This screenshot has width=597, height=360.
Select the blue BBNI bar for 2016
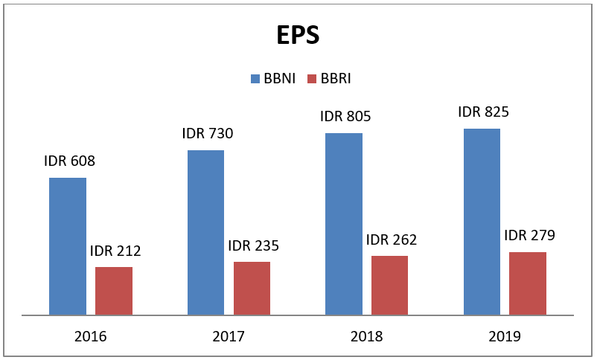68,246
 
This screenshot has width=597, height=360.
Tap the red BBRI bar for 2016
114,291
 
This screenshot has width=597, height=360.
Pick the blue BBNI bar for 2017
205,233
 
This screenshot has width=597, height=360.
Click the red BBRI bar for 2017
252,289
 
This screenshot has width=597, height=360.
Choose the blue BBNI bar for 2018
344,224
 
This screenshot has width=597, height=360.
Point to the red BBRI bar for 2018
389,286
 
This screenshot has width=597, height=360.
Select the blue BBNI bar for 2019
482,222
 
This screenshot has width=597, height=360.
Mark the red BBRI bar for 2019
528,283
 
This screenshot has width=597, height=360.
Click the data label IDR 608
69,161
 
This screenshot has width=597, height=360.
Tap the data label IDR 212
115,251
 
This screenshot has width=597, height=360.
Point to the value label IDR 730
208,134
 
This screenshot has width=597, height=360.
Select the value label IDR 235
253,245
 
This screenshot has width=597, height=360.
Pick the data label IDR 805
345,116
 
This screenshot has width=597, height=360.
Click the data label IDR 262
392,240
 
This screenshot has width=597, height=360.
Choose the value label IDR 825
483,112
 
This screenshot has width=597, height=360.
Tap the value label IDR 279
529,236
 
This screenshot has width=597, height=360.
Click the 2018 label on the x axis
366,336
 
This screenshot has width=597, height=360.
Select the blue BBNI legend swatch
255,78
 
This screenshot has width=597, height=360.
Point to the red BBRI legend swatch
313,78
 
